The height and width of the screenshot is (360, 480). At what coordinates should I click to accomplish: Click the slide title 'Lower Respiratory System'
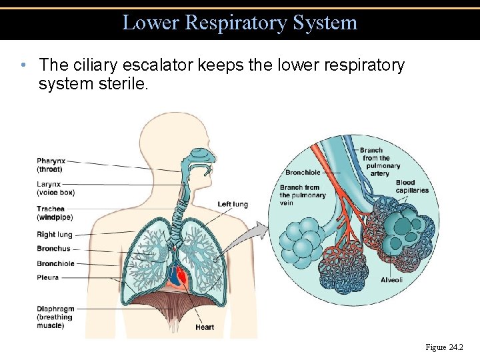[x=240, y=23]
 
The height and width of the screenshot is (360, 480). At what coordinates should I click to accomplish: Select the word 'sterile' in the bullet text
[x=121, y=85]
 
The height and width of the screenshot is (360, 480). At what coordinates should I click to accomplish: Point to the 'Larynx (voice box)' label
[x=55, y=188]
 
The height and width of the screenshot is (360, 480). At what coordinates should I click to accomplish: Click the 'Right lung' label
[x=55, y=235]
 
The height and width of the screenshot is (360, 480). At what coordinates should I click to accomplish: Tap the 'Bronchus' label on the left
[x=53, y=249]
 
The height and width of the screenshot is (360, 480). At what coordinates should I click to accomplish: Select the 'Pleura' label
[x=48, y=277]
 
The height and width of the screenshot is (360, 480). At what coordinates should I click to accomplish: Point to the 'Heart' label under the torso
[x=205, y=327]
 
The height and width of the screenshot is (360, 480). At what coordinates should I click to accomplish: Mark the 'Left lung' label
[x=233, y=204]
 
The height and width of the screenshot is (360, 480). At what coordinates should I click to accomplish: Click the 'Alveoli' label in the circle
[x=391, y=280]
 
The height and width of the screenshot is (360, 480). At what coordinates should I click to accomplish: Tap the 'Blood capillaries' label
[x=412, y=186]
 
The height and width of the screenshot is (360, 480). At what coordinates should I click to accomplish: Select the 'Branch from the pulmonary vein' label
[x=303, y=195]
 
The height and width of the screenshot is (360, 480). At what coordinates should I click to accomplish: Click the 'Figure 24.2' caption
[x=445, y=347]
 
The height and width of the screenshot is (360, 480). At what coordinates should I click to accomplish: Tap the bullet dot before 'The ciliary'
[x=23, y=65]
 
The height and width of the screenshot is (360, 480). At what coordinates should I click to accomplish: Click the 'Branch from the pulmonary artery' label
[x=381, y=162]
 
